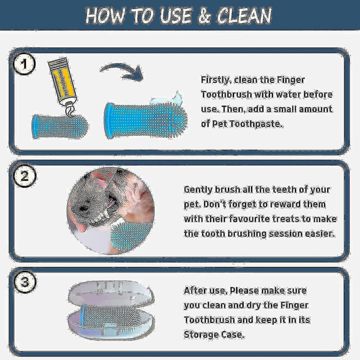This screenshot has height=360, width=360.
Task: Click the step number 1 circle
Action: pos(24,64)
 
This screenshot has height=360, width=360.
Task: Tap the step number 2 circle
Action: pos(24,176)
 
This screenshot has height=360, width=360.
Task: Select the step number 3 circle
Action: pos(24,282)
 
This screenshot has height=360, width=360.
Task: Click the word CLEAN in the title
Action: pos(244,16)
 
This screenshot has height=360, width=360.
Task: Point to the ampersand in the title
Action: pos(204,16)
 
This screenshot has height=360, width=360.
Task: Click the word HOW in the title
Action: pos(105,16)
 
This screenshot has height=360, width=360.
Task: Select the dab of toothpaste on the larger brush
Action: pos(166,99)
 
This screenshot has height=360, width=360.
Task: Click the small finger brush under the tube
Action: pos(60,127)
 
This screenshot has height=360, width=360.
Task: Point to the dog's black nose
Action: pos(83,208)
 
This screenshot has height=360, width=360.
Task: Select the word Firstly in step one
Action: pos(215,80)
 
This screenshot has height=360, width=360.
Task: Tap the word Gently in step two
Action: pos(198,190)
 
